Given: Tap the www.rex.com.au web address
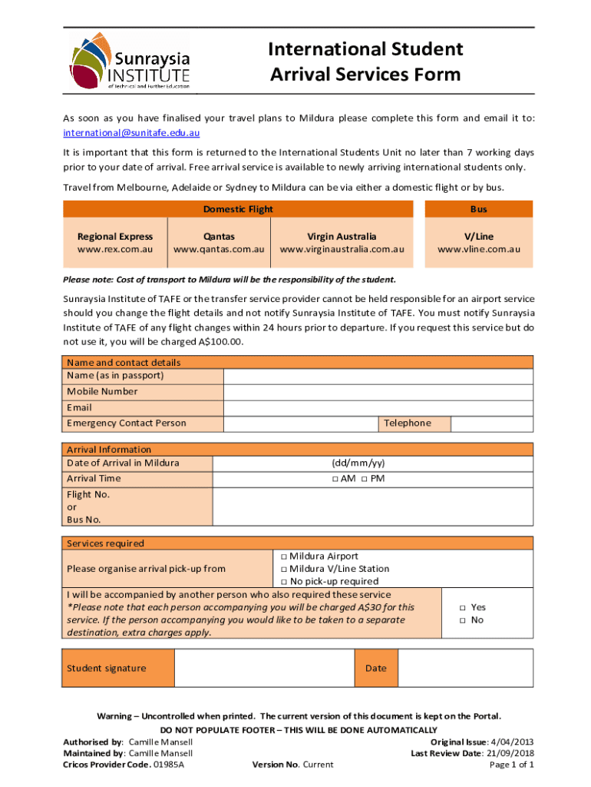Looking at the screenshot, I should point(115,250).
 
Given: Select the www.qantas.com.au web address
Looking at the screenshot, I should point(219,250).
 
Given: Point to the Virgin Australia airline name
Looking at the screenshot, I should point(342,237).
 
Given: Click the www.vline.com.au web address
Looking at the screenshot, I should point(479,250).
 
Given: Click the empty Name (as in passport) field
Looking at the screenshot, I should point(378,376).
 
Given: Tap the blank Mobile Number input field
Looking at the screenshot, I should point(378,392).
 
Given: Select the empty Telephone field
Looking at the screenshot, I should point(491,423).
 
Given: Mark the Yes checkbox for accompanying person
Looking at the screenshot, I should point(463,607).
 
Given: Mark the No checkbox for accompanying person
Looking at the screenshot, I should point(463,620).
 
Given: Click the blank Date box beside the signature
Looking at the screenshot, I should point(465,668).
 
